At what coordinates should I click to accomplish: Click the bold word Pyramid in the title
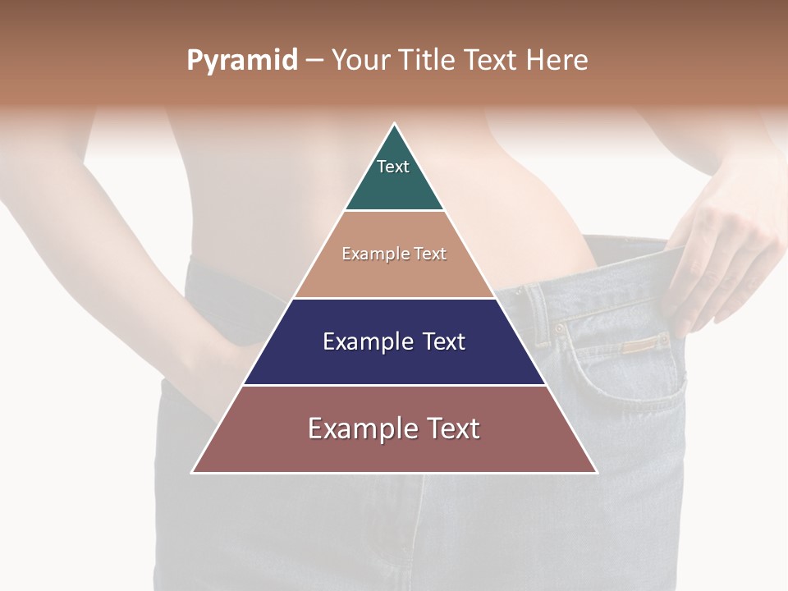(x=241, y=61)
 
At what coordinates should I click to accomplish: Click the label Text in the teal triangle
(x=393, y=167)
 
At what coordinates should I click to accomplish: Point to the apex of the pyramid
(x=395, y=124)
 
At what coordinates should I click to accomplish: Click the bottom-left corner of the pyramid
(x=193, y=472)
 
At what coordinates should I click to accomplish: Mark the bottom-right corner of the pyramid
(x=596, y=472)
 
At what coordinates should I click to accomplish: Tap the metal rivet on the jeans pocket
(x=560, y=328)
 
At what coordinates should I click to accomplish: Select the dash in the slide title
(x=314, y=61)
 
